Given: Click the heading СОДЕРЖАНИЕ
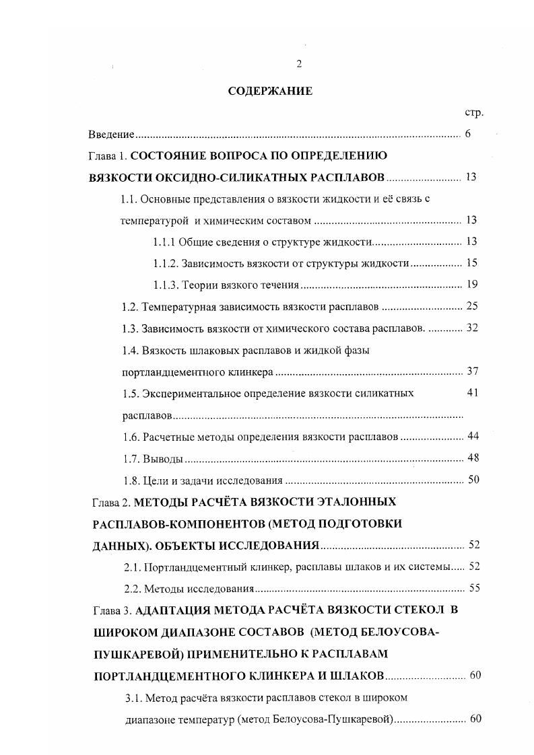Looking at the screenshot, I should tap(270, 92).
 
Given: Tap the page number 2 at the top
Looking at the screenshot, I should tap(298, 64).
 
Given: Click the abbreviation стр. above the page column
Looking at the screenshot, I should tap(474, 112).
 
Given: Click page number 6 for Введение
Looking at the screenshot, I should tap(467, 134).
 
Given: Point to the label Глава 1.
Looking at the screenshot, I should tap(108, 156).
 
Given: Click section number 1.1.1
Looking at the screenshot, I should tap(164, 242).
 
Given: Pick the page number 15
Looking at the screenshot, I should tap(471, 263).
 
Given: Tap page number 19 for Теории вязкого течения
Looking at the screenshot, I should tap(471, 285).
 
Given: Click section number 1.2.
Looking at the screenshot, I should tap(130, 307).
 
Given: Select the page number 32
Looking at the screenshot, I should tap(471, 328).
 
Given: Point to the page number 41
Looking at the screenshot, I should tap(472, 393).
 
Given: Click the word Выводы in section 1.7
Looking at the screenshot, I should tap(164, 459).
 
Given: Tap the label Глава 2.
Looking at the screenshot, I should tap(110, 502).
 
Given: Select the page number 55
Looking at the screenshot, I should tap(474, 588).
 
